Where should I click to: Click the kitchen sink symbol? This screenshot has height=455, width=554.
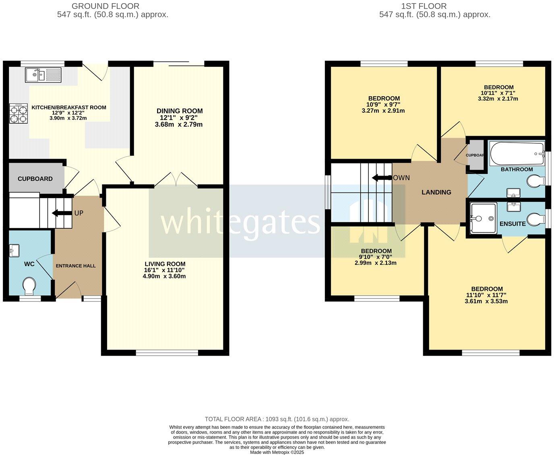[x=43, y=75]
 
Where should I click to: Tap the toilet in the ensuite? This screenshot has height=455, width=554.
[x=536, y=220]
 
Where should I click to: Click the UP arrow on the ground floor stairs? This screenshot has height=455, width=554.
[x=61, y=213]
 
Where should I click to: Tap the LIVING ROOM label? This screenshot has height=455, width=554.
[x=165, y=264]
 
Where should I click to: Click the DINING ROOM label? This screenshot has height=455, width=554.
[x=180, y=111]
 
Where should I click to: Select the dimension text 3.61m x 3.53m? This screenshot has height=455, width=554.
[x=487, y=301]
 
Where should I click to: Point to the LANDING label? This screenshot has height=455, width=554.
[x=436, y=192]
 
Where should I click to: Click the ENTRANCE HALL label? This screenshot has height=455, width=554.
[x=76, y=266]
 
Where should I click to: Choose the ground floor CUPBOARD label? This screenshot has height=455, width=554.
[x=35, y=179]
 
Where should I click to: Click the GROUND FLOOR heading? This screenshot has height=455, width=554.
[x=105, y=6]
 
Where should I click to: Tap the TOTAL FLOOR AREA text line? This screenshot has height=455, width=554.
[x=277, y=419]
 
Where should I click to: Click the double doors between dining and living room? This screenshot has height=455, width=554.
[x=176, y=180]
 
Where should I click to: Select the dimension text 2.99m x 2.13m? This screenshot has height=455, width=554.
[x=376, y=263]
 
